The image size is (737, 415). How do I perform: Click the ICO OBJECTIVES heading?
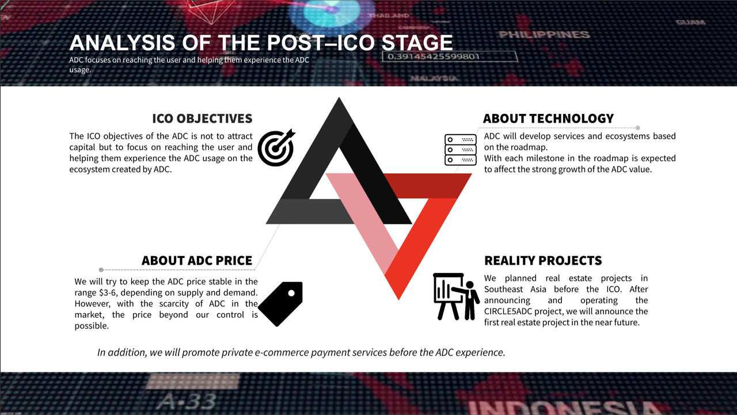coord(202,119)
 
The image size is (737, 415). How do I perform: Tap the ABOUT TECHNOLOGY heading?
coord(548,119)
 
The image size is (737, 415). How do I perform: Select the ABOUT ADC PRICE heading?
coord(197,260)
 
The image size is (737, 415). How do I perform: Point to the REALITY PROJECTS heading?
coord(543,260)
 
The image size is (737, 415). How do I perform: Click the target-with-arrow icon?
coord(276,147)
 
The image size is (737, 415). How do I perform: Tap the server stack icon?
coord(460,150)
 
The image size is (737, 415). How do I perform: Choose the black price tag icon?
coord(280,303)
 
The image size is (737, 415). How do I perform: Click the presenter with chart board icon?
coord(457,296)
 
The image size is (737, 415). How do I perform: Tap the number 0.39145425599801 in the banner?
coord(434,56)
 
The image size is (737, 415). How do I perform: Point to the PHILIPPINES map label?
coord(544,35)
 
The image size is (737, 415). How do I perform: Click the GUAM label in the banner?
coord(690,22)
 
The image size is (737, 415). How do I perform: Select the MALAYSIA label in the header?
coord(434,78)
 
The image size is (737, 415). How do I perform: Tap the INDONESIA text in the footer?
coord(564,408)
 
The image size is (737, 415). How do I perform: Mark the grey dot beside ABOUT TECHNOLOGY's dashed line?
coord(637,128)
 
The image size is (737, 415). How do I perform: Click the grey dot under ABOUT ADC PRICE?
coord(101,270)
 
